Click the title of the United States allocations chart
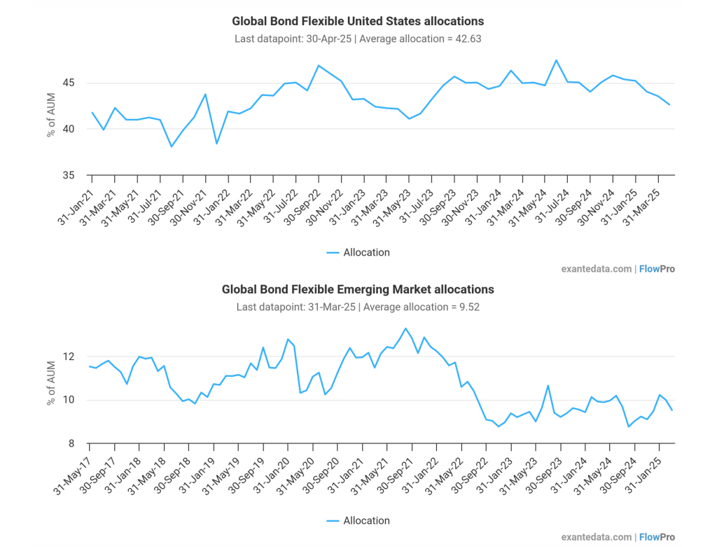tap(358, 22)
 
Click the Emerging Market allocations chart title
tap(358, 289)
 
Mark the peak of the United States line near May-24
tap(556, 60)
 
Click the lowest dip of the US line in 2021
tap(172, 146)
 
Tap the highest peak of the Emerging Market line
tap(405, 328)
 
